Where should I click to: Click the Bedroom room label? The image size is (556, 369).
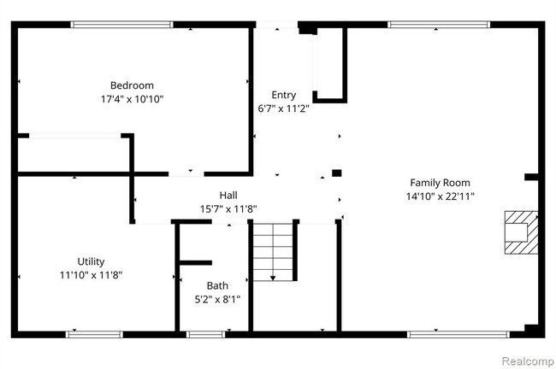tap(132, 85)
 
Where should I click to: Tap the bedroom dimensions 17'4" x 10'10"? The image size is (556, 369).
tap(132, 99)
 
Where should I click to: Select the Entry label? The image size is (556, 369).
tap(284, 95)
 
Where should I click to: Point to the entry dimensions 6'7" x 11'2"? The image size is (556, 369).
tap(284, 108)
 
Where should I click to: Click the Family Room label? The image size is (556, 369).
tap(440, 183)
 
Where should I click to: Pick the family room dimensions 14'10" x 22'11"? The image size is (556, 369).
tap(440, 196)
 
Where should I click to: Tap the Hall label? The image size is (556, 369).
tap(228, 195)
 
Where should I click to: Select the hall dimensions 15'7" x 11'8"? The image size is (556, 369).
tap(228, 208)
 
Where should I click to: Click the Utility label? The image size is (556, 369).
tap(91, 261)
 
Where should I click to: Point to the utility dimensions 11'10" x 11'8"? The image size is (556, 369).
tap(91, 275)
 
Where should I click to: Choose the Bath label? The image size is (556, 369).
tap(217, 285)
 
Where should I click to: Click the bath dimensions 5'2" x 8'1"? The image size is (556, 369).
tap(217, 299)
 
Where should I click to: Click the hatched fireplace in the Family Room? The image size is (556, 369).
tap(520, 232)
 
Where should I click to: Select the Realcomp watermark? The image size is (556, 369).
tap(525, 360)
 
